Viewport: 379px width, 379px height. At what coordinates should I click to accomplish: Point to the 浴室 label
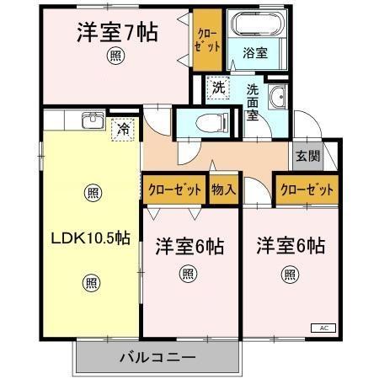255,52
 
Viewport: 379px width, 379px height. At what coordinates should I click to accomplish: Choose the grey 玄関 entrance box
307,156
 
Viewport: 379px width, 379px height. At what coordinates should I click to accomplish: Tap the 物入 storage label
223,190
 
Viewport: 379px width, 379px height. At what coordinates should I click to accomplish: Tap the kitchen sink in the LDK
91,122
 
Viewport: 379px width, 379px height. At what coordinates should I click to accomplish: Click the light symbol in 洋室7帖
114,56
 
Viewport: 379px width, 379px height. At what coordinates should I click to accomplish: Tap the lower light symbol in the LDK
91,282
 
